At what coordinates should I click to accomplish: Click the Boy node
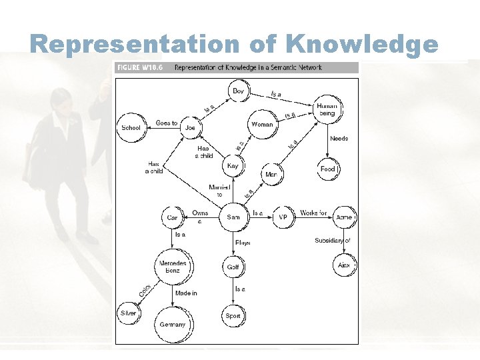click(238, 91)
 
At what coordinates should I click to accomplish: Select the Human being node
click(327, 109)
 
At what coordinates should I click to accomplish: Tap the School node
click(131, 127)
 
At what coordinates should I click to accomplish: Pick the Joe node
click(190, 127)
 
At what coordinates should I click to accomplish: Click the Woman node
click(261, 125)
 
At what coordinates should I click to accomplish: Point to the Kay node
click(232, 166)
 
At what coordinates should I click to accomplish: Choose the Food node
click(327, 169)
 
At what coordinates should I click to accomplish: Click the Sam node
click(233, 217)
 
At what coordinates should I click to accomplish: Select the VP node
click(283, 217)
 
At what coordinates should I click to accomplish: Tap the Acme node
click(344, 217)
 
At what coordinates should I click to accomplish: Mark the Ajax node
click(343, 265)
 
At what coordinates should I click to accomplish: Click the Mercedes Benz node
click(173, 267)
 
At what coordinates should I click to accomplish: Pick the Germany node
click(173, 325)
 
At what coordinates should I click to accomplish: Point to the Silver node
click(128, 313)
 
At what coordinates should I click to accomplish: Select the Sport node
click(233, 316)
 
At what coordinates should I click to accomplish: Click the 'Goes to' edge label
click(166, 123)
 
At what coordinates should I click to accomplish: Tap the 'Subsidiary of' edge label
click(332, 241)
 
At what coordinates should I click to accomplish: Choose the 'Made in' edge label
click(186, 293)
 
